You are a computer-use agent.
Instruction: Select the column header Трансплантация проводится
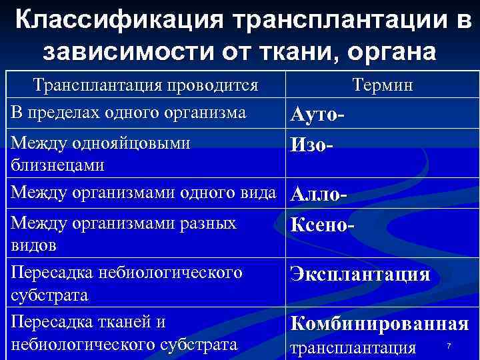click(146, 85)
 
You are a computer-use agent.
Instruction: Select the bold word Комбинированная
click(379, 323)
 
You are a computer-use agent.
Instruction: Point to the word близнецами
click(57, 164)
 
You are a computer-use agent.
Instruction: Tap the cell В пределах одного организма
click(129, 112)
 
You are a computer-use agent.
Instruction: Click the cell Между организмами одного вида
click(143, 193)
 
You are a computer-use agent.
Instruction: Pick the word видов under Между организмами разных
click(33, 245)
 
